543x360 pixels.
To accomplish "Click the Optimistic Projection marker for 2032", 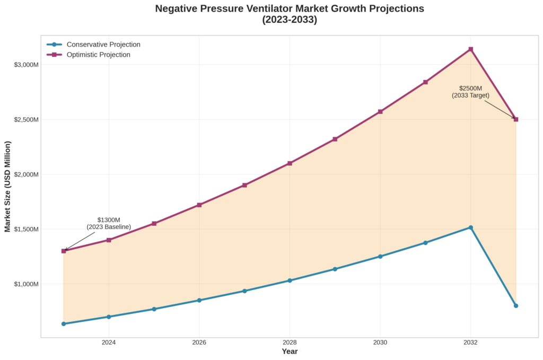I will [x=470, y=49].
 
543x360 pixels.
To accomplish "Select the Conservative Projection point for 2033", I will [x=515, y=305].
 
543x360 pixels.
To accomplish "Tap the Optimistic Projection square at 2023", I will [x=64, y=251].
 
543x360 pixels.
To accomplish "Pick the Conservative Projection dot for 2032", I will [x=470, y=227].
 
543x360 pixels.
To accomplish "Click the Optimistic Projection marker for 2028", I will [x=290, y=163].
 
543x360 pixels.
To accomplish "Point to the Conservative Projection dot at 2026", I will [x=199, y=300].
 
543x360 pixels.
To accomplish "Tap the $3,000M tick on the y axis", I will [x=26, y=65].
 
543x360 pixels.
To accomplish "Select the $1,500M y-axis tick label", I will [x=26, y=229].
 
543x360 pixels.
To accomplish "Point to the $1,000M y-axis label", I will [x=26, y=284].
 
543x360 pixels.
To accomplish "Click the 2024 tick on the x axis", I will [x=109, y=343].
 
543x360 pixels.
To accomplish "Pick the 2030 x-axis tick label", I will [x=380, y=343].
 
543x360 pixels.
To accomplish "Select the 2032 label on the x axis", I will [x=470, y=343].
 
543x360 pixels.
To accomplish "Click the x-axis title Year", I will [x=290, y=352].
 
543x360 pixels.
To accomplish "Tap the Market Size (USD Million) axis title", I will [x=7, y=187].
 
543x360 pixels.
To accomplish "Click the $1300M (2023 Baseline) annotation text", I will [x=109, y=223].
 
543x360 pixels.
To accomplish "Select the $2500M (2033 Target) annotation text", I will [x=470, y=92].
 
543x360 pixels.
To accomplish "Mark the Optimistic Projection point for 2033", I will [x=515, y=119].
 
